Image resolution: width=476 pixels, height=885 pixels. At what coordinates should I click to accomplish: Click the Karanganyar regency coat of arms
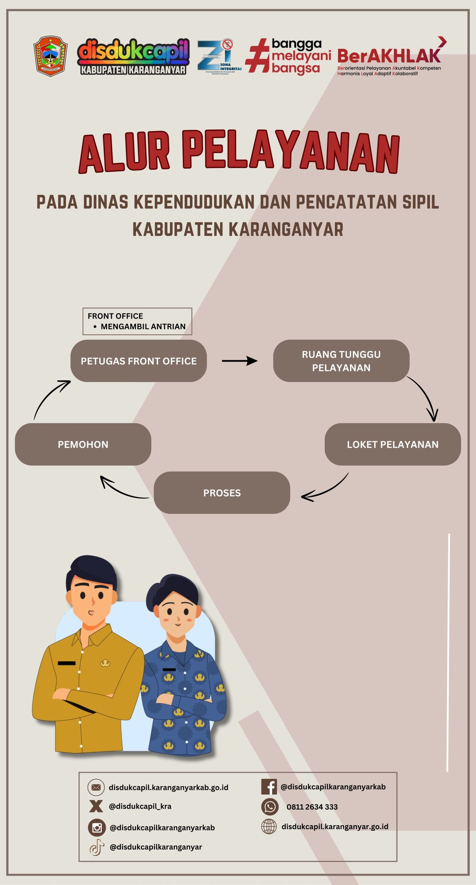point(50,56)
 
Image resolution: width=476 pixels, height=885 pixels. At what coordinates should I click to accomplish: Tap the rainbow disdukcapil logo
point(133,56)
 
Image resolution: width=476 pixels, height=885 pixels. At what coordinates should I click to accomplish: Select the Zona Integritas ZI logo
point(219,57)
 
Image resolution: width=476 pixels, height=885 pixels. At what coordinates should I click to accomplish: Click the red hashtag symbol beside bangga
point(257,56)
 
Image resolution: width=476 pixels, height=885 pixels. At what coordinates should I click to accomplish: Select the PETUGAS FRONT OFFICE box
point(139,361)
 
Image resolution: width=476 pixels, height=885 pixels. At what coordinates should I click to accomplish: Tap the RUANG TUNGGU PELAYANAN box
point(341,361)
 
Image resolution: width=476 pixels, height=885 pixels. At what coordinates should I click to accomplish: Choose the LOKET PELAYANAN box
point(392,444)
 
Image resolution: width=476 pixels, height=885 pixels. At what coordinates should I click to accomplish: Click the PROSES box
point(222,493)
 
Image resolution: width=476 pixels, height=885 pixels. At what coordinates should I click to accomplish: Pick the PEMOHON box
point(83,444)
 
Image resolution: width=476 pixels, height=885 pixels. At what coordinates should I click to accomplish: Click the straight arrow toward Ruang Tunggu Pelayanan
point(239,361)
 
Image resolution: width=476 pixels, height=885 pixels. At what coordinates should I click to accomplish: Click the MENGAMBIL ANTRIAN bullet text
point(143,326)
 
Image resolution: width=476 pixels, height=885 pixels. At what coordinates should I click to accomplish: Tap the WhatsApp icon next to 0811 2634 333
point(270,807)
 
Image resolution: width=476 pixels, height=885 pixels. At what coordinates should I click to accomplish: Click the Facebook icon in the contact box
point(269,787)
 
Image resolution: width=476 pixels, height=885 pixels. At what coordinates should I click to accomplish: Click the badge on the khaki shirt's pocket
point(105,663)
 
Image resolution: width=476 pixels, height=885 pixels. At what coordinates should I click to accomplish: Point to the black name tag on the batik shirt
point(169,669)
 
